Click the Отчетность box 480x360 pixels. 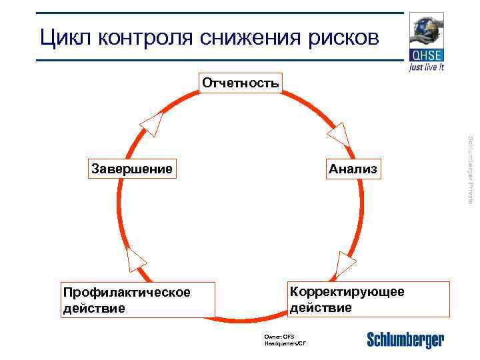tap(241, 83)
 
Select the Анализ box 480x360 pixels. tap(352, 169)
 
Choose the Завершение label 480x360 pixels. tap(131, 169)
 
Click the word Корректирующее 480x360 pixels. tap(347, 291)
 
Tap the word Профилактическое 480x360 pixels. tap(126, 293)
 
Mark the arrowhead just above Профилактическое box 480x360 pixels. tap(135, 258)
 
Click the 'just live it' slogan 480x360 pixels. tap(427, 67)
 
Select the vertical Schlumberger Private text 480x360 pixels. tap(471, 169)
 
